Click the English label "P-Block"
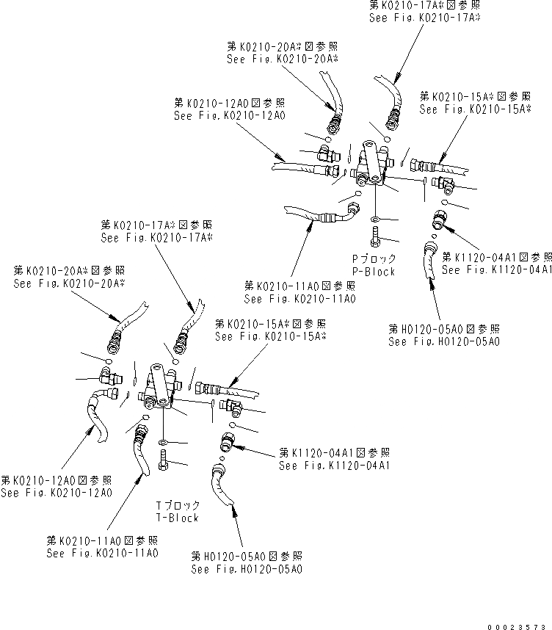(375, 272)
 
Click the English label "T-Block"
(177, 518)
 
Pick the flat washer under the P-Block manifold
(376, 220)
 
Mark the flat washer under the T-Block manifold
(161, 442)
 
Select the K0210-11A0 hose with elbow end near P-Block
(323, 216)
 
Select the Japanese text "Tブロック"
(177, 506)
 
